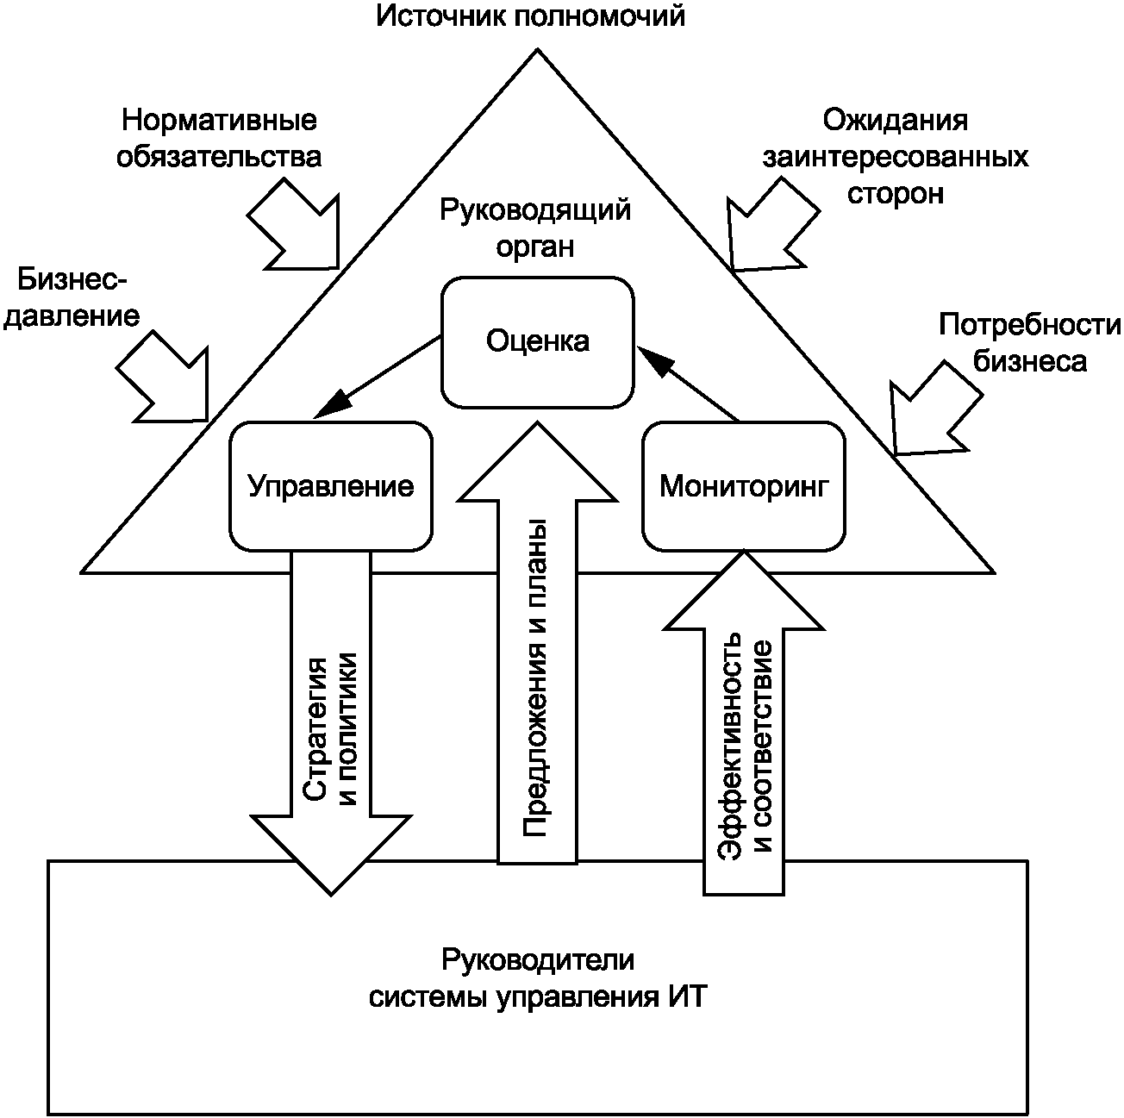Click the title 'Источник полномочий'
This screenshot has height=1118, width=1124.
tap(529, 17)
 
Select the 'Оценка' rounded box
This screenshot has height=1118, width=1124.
tap(537, 342)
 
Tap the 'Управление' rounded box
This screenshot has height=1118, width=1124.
tap(331, 486)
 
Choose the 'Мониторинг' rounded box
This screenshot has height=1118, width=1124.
tap(744, 486)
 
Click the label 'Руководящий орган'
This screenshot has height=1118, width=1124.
tap(535, 228)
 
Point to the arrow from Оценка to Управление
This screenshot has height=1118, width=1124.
tap(377, 377)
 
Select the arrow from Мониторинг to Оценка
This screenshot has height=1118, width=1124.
tap(688, 384)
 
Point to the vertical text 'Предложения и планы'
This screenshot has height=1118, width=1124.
tap(535, 678)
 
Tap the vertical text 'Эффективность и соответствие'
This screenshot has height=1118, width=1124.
tap(744, 746)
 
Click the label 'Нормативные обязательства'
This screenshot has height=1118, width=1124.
tap(219, 138)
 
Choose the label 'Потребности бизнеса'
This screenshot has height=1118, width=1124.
tap(1029, 342)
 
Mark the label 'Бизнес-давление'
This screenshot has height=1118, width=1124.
tap(72, 297)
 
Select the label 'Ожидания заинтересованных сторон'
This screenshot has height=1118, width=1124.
tap(896, 156)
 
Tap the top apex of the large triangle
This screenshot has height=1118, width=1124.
tap(537, 50)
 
